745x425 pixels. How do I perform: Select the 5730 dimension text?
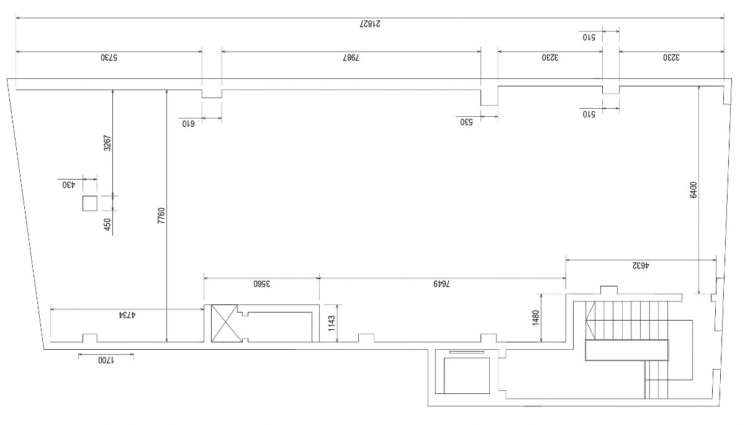[x=109, y=58]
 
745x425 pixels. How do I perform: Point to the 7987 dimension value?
[x=351, y=58]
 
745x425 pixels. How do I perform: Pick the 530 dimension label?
[x=466, y=122]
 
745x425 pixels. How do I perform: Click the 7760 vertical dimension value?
[x=161, y=216]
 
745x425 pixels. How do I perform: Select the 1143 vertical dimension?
[x=332, y=323]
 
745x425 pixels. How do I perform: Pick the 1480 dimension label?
[x=536, y=318]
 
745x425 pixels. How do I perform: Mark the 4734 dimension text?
[x=127, y=315]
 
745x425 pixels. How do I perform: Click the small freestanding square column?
[x=89, y=203]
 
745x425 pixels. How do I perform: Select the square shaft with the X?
[x=225, y=323]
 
